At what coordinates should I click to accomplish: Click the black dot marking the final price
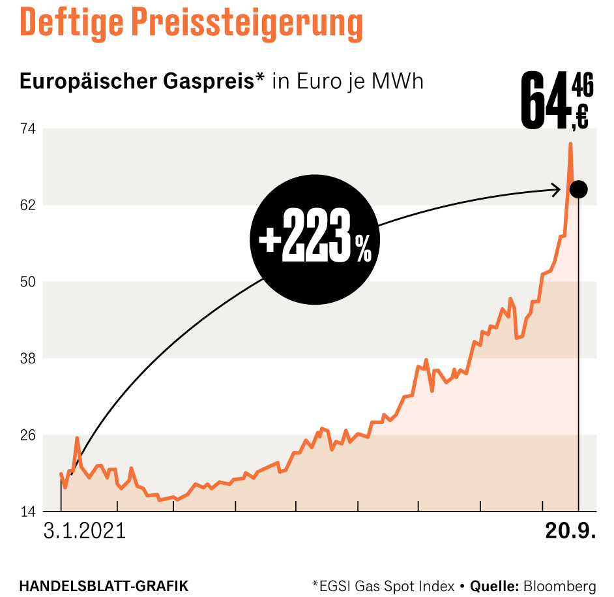578,190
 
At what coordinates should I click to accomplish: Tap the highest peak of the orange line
570,144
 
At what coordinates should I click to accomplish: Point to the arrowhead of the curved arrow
557,190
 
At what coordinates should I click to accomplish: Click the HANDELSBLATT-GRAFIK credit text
104,585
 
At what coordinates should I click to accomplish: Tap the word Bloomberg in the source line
559,585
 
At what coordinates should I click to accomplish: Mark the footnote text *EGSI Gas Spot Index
383,585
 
